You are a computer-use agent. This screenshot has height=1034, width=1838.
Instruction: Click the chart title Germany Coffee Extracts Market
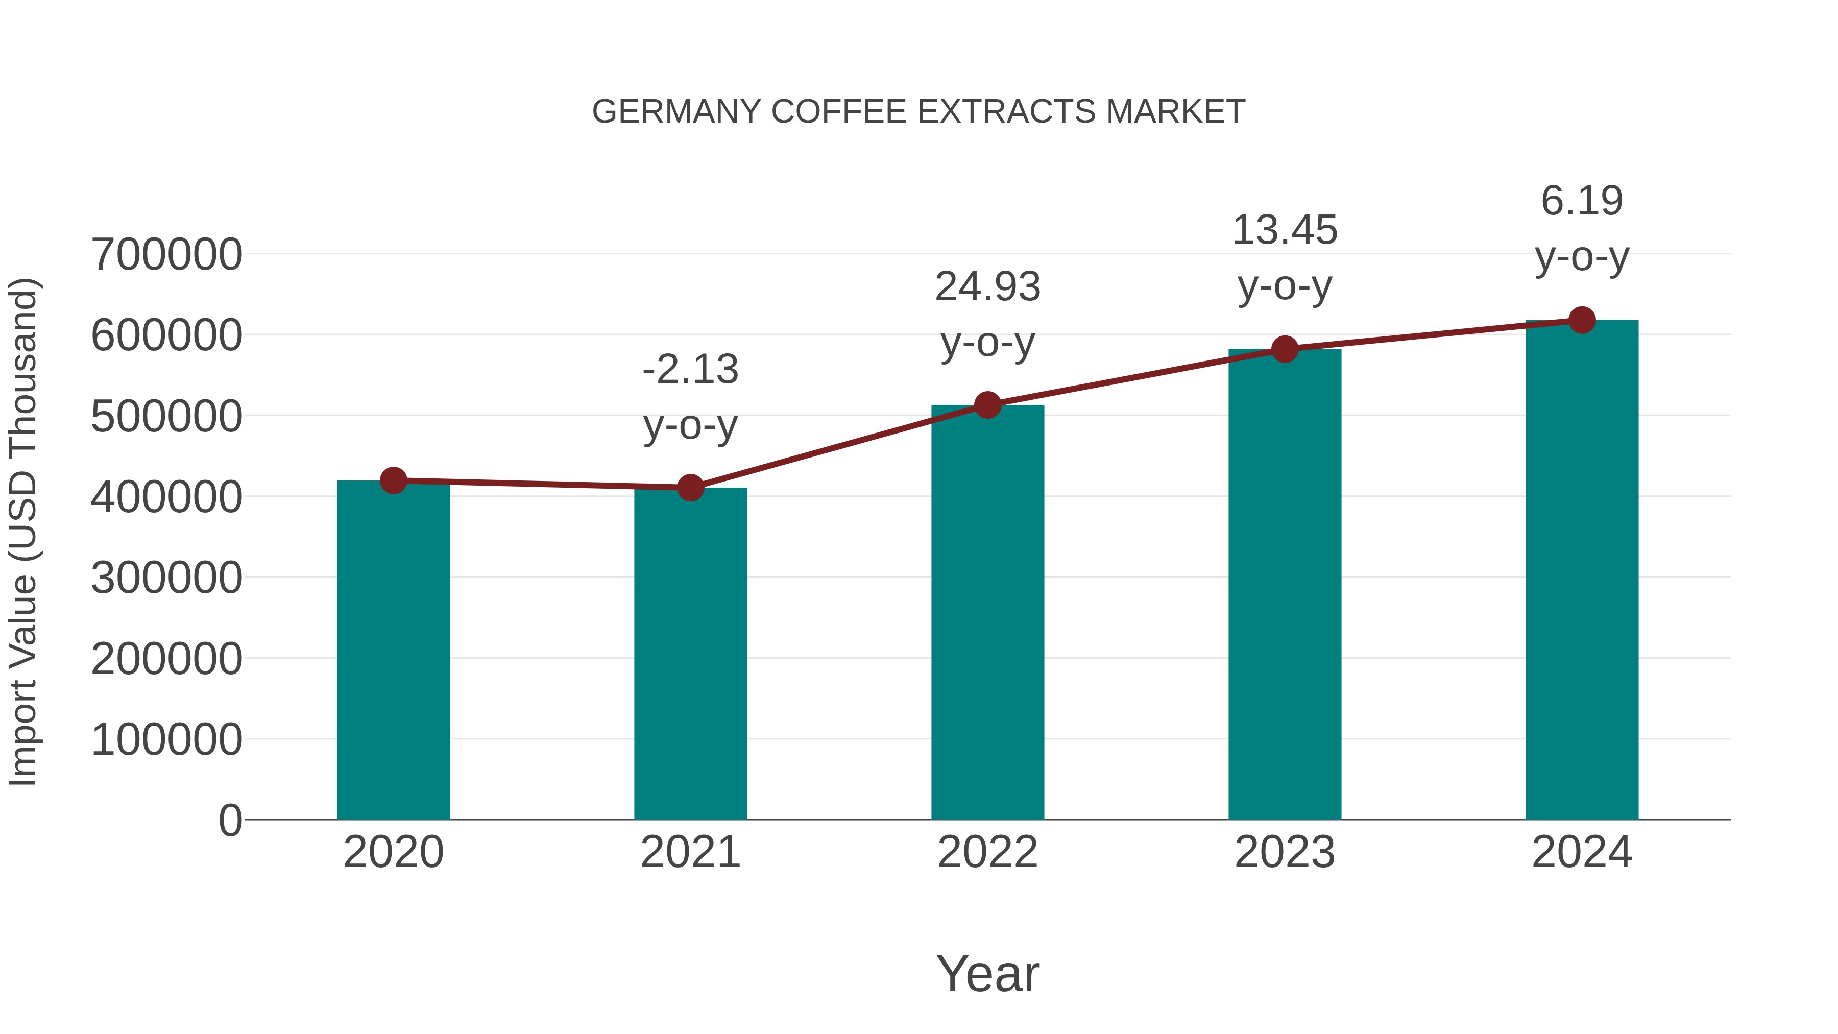click(918, 112)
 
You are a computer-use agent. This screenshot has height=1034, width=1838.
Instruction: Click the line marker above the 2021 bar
click(690, 488)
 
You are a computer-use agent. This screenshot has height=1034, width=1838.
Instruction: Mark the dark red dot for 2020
click(393, 481)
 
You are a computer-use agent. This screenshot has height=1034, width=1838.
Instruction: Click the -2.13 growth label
click(690, 370)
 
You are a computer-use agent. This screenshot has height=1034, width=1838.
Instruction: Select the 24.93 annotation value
click(987, 287)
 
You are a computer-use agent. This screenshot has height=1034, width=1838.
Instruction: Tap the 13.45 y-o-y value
click(1285, 230)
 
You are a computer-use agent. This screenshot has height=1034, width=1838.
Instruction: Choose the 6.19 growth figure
click(1582, 201)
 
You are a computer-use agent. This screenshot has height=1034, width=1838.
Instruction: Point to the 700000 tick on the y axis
click(166, 255)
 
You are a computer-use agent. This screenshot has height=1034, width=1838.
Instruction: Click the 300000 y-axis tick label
click(166, 578)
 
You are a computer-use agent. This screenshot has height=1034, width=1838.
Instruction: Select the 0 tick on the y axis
click(230, 821)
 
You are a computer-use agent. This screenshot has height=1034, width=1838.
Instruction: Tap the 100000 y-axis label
click(166, 740)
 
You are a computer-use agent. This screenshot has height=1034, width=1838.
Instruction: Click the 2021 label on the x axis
click(690, 853)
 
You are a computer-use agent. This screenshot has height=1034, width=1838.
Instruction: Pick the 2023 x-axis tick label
click(1285, 853)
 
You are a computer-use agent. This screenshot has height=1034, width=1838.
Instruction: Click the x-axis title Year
click(987, 974)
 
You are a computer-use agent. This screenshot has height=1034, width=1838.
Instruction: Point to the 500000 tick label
click(166, 417)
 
